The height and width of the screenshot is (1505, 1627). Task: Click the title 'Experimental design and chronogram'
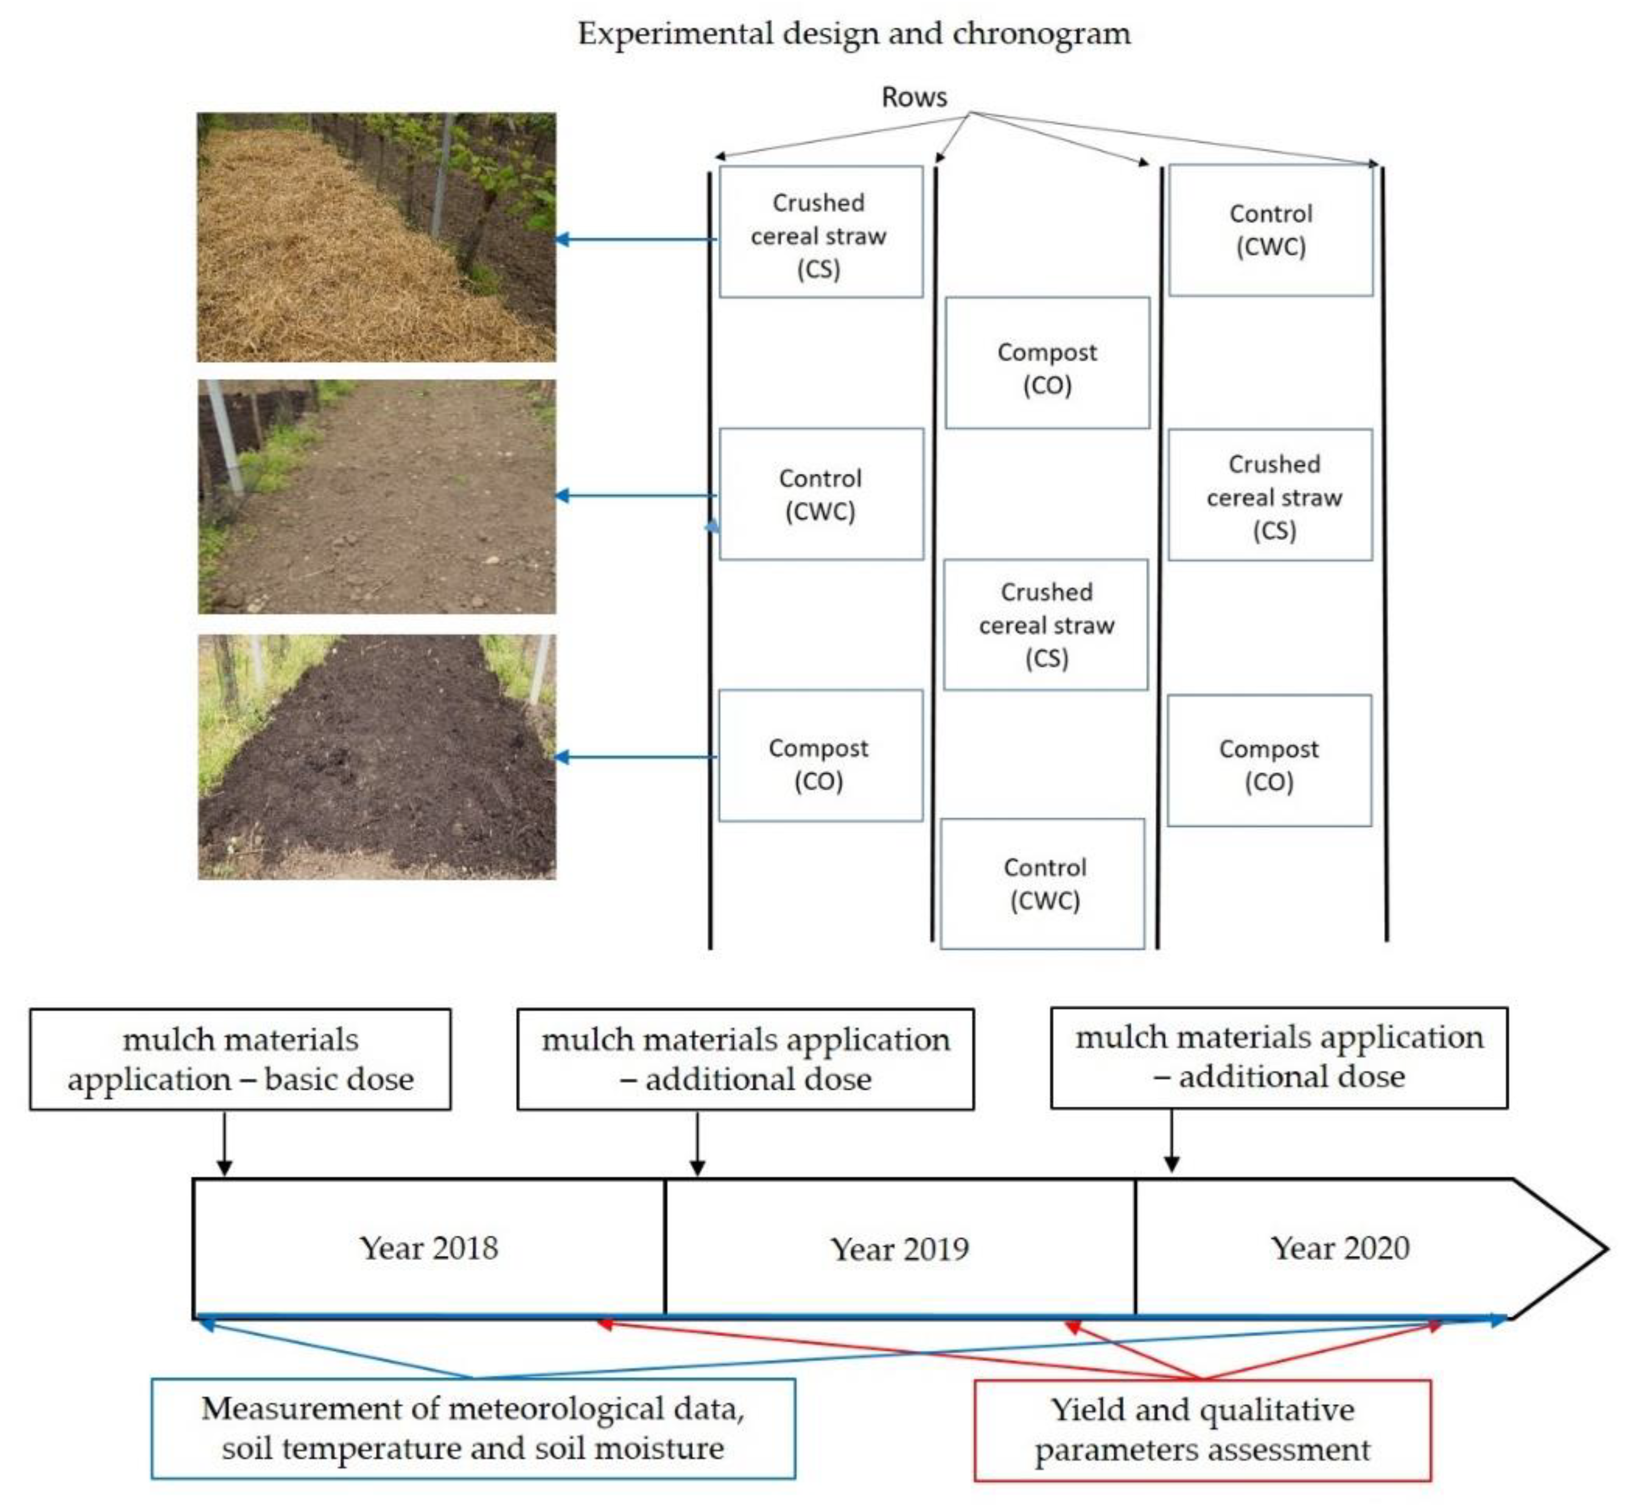[x=854, y=34]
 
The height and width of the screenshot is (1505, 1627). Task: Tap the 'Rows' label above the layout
[x=914, y=98]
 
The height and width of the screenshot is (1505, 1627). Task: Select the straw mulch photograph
[x=377, y=237]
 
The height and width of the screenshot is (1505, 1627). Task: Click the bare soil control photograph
[x=377, y=496]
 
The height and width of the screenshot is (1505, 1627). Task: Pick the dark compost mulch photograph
[x=377, y=757]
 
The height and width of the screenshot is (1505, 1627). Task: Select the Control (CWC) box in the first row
[x=821, y=495]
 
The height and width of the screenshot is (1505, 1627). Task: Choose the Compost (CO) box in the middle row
[x=1047, y=363]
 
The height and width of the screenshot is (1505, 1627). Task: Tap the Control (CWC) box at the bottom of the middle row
[x=1043, y=884]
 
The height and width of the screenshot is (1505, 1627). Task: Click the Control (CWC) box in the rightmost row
[x=1270, y=230]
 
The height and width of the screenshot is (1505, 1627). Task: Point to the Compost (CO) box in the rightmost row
[x=1269, y=761]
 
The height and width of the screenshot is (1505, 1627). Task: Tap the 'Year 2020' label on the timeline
[x=1339, y=1248]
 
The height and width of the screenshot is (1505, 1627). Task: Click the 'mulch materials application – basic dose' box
[x=240, y=1059]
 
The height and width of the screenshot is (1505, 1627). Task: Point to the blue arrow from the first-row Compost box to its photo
[x=636, y=757]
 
